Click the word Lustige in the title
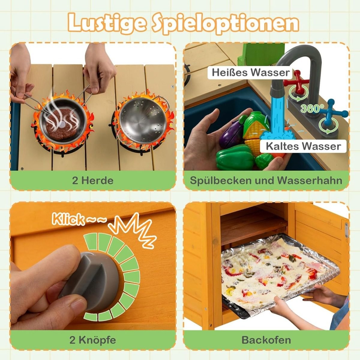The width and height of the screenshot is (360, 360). tap(106, 23)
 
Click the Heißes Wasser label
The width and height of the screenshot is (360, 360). tap(250, 73)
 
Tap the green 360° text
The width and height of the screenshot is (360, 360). tap(312, 108)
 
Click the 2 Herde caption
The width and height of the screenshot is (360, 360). tap(93, 181)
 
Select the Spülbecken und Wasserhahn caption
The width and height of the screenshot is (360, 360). tap(266, 181)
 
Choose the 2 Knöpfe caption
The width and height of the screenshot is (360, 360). tap(93, 340)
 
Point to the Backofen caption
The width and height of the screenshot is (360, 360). tap(266, 340)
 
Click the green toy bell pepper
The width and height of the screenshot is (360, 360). tap(236, 157)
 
